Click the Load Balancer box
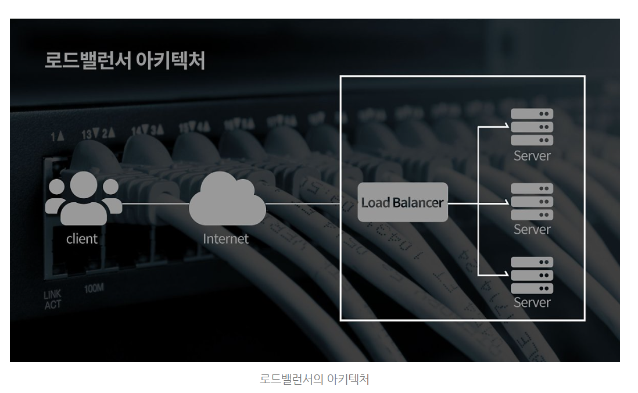click(402, 202)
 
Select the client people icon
click(84, 199)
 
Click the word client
click(82, 238)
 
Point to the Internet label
click(225, 238)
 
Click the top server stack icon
click(532, 127)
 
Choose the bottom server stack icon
click(532, 275)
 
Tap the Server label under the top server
click(532, 156)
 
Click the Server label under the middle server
click(532, 230)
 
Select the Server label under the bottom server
click(532, 303)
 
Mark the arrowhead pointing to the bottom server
click(506, 274)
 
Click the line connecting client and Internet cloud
click(155, 204)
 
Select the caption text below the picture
click(314, 380)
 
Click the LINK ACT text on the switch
click(52, 300)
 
